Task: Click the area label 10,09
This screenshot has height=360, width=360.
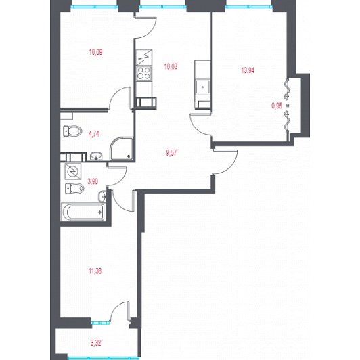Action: (95, 52)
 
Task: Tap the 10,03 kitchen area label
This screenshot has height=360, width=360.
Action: (171, 66)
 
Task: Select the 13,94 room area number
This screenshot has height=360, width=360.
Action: (248, 70)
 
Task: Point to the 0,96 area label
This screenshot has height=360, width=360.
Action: (277, 106)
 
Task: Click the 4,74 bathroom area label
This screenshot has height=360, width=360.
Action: (94, 133)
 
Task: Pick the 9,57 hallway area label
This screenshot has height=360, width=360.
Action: (171, 153)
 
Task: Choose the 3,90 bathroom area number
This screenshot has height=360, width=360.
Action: (93, 181)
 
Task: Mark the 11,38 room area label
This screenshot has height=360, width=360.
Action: (95, 271)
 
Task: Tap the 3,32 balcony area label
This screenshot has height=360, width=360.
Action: (95, 343)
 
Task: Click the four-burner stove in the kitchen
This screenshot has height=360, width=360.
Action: (144, 73)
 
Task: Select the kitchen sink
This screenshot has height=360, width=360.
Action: (202, 87)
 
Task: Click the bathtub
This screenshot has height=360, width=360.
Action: (83, 212)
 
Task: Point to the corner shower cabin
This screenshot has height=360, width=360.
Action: (121, 149)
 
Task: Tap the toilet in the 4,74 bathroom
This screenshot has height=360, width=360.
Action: (72, 131)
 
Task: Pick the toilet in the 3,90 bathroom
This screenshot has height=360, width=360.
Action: (74, 188)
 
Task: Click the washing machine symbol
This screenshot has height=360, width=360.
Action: (73, 171)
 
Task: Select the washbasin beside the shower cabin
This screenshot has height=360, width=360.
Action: (96, 156)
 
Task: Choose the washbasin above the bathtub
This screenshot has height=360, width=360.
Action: (102, 196)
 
